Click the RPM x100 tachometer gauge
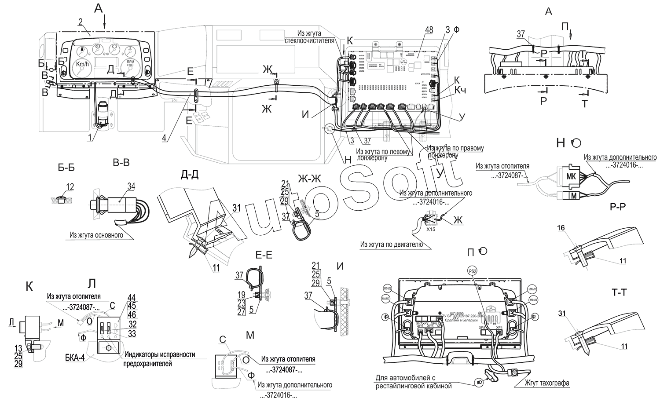point(131,65)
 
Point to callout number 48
point(429,30)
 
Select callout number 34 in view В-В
point(131,186)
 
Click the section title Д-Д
point(190,174)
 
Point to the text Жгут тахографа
point(547,383)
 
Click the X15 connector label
point(430,229)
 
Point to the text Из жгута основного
point(96,235)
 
